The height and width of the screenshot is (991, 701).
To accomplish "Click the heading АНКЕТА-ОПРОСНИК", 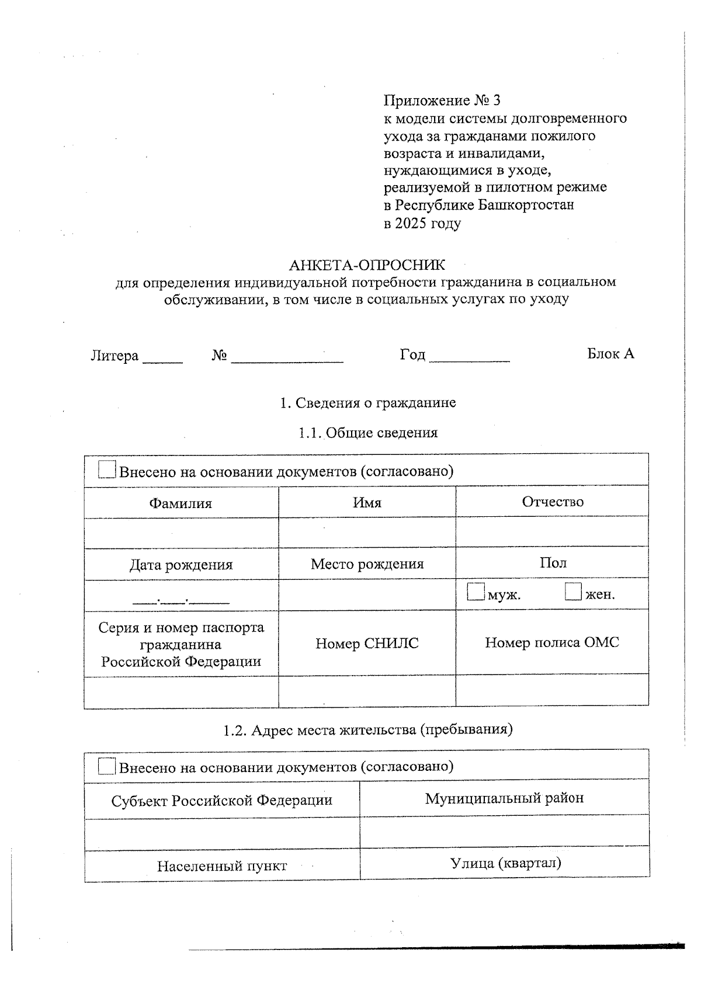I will (366, 265).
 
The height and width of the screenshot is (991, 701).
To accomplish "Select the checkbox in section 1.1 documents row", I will (107, 470).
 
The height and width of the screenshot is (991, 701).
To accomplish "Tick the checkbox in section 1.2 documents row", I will (106, 766).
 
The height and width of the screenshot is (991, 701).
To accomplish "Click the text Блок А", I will (610, 353).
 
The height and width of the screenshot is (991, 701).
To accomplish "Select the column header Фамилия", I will (181, 503).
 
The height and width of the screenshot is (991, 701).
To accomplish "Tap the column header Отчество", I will (552, 502).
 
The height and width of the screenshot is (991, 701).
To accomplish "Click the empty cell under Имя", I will (367, 532).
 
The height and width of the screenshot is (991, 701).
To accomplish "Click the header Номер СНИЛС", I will (367, 644).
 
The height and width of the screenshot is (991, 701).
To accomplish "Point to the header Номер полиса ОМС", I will (551, 642).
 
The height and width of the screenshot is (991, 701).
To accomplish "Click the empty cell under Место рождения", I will (367, 595).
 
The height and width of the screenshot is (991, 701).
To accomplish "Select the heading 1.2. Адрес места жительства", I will (367, 729).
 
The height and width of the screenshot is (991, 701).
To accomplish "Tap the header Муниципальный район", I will (504, 798).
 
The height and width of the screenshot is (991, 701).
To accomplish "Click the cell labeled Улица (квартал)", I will (505, 863).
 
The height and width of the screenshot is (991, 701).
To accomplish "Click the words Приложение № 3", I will (442, 100).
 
